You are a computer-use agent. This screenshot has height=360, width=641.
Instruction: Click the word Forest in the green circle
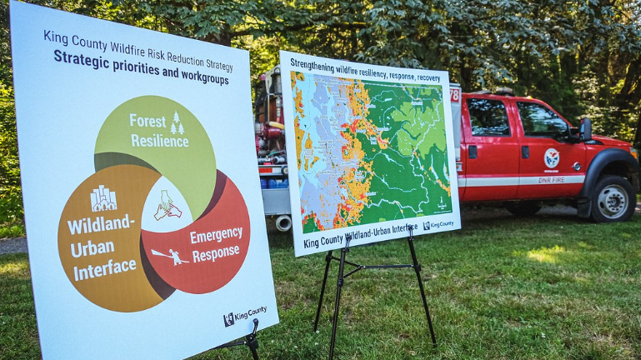(x=147, y=121)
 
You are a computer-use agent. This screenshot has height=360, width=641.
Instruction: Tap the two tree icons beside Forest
(x=177, y=123)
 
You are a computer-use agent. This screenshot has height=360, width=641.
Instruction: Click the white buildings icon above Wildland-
(x=103, y=198)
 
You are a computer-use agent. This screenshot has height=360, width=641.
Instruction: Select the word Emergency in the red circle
(x=216, y=237)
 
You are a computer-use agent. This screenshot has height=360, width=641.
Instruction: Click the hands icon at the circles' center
(x=168, y=206)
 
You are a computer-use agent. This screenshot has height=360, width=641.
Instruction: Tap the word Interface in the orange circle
(x=105, y=268)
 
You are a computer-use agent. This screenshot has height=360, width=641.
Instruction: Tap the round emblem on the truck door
(x=551, y=157)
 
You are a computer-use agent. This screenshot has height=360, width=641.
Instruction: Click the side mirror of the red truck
(x=585, y=129)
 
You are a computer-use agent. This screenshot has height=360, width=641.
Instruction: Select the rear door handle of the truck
(x=473, y=152)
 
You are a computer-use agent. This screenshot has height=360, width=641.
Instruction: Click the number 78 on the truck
(x=455, y=95)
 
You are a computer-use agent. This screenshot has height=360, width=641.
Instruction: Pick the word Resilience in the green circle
(x=159, y=141)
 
